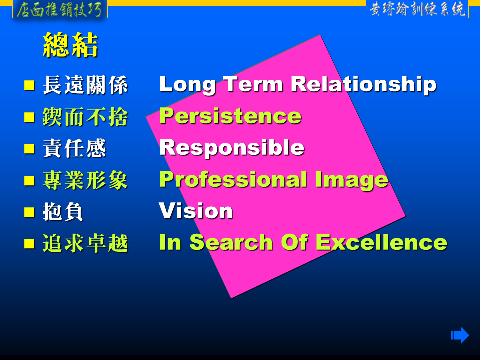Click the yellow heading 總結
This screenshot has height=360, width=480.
click(70, 45)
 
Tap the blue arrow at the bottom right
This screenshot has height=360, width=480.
click(460, 335)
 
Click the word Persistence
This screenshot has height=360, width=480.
click(230, 116)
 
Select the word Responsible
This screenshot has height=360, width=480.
click(232, 148)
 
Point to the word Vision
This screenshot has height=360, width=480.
click(196, 211)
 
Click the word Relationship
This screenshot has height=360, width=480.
click(363, 84)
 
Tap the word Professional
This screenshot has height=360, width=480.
click(233, 179)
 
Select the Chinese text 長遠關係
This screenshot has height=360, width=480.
click(85, 85)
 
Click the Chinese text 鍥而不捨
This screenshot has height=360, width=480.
click(85, 117)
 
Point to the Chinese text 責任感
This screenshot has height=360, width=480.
click(74, 148)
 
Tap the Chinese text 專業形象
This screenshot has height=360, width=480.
click(85, 180)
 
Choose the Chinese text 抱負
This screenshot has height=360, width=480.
click(63, 212)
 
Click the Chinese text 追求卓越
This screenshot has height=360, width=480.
click(85, 243)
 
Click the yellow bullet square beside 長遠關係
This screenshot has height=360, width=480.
click(29, 85)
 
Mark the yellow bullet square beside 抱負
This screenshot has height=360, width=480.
click(29, 212)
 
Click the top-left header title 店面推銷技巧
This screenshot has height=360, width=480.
click(59, 10)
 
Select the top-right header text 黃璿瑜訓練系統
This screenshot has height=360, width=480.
click(417, 10)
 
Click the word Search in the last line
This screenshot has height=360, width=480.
click(231, 242)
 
